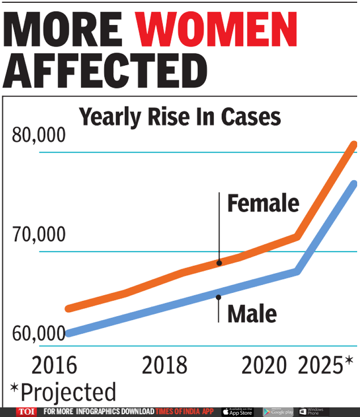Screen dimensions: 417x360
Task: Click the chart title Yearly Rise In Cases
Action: (180, 117)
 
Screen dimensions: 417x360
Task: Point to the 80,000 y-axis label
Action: (39, 136)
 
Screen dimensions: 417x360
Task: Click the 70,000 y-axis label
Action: (39, 234)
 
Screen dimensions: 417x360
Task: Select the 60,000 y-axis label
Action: (39, 333)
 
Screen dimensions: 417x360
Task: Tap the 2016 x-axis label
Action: (54, 365)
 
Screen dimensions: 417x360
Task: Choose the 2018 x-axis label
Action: (164, 365)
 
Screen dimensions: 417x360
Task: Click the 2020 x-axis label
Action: (264, 365)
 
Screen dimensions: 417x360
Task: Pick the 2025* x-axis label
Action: (325, 365)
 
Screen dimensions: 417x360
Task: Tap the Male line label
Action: (252, 313)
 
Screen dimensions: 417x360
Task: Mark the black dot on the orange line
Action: (219, 263)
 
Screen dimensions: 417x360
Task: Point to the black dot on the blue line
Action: (218, 296)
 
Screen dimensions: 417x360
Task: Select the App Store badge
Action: (236, 412)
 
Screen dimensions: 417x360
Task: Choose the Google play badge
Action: (278, 412)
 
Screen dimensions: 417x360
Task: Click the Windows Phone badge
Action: (312, 412)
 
